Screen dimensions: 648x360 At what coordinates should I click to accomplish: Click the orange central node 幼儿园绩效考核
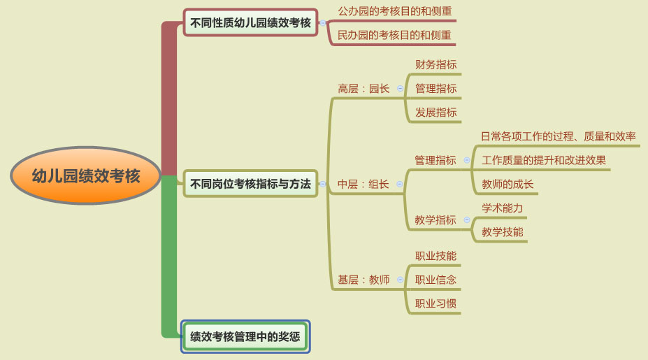85,175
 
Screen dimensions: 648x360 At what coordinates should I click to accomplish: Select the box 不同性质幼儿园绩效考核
250,22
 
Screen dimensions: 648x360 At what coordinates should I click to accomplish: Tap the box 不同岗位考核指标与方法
250,184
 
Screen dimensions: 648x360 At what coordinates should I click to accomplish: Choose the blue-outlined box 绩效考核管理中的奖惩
245,336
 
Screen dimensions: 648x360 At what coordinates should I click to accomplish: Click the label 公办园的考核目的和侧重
395,11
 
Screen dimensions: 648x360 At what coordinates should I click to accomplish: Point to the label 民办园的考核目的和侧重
394,35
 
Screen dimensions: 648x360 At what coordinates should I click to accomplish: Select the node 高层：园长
363,89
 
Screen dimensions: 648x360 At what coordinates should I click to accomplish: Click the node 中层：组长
363,184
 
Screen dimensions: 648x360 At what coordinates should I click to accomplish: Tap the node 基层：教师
363,280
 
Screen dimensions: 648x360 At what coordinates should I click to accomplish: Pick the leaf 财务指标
436,64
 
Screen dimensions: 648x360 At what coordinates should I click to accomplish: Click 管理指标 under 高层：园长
436,89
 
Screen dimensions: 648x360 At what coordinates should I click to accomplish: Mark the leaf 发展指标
436,113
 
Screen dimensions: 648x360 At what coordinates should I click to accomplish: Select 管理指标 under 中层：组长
435,160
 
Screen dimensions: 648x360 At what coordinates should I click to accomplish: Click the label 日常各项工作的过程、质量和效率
559,136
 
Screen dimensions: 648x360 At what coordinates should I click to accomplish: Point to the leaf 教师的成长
507,184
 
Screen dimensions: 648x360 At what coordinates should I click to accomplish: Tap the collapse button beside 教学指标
467,220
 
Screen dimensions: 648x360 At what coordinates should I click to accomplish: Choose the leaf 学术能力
502,208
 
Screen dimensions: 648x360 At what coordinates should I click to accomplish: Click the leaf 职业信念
436,280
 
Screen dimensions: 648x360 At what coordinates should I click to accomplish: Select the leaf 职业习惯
436,304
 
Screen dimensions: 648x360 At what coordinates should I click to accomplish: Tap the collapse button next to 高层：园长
400,89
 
